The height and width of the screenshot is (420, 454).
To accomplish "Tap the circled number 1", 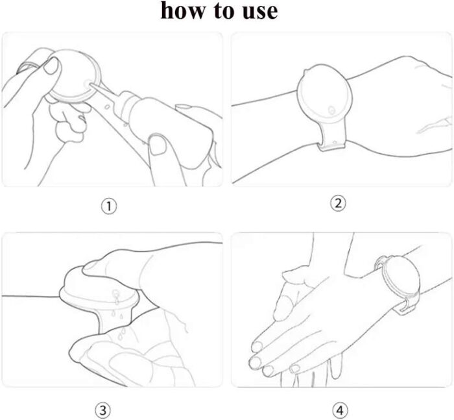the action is coord(109,206).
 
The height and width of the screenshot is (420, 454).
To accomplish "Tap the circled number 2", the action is coord(338,203).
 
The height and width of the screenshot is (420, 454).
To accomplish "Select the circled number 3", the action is coord(102,410).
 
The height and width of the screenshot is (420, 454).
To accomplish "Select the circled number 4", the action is coord(340,410).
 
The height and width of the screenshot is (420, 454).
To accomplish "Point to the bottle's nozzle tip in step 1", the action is coord(91,84).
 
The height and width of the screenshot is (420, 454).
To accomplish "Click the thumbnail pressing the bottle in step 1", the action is coord(157,145).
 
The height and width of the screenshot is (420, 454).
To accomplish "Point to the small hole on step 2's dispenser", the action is coord(331,110).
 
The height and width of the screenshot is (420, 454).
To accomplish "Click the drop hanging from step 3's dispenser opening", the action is coord(116,301).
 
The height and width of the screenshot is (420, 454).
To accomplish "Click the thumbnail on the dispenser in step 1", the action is coord(52,66).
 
